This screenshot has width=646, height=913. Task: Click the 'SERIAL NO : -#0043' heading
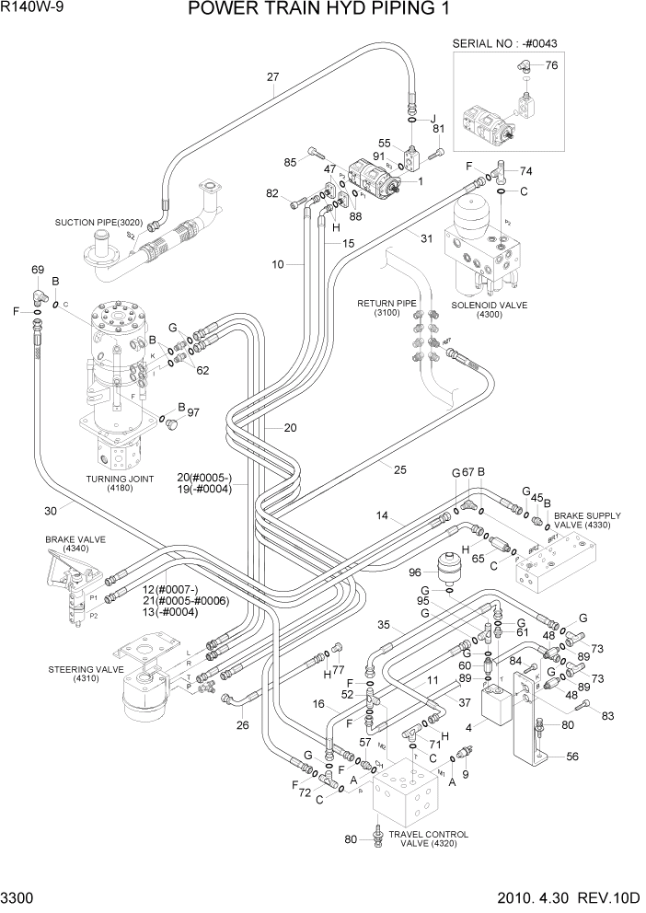tap(505, 44)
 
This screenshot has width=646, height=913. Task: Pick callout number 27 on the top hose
tap(272, 76)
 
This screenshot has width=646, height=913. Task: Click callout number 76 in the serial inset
tap(551, 65)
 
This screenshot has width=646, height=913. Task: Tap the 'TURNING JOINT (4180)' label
tap(120, 484)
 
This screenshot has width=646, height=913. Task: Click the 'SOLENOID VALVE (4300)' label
tap(489, 309)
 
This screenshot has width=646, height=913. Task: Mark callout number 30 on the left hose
tap(53, 511)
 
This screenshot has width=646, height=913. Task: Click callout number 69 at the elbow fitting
tap(38, 270)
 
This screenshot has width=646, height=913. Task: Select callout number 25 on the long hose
tap(399, 469)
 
